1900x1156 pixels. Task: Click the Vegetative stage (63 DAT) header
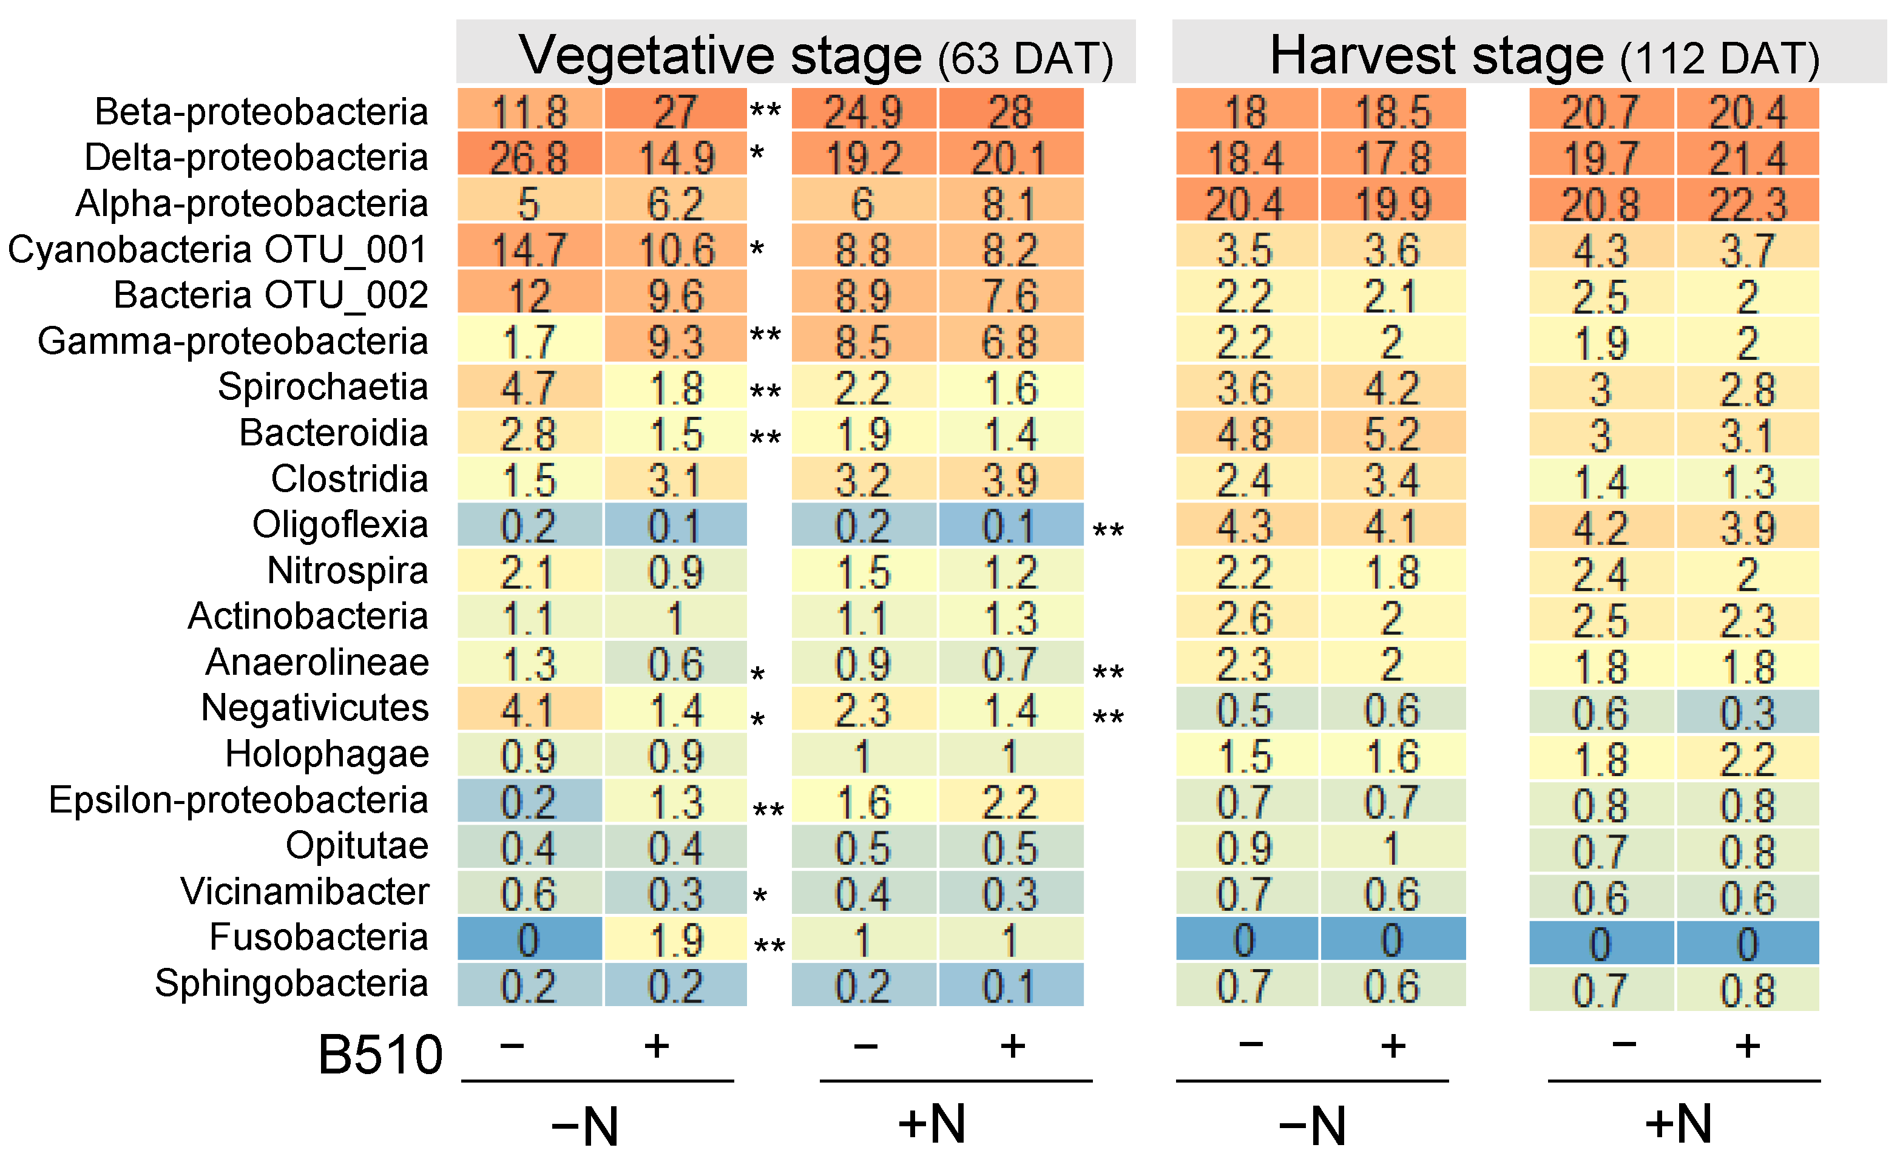click(815, 56)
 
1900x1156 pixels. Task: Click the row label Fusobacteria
click(319, 938)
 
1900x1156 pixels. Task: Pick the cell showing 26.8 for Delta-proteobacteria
click(529, 157)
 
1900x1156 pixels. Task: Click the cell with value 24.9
click(863, 111)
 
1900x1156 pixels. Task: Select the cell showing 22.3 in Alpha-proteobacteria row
click(1747, 204)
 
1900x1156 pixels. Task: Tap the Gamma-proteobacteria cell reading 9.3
click(675, 342)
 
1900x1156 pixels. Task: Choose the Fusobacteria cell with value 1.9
click(675, 939)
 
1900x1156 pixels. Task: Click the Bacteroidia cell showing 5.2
click(1392, 433)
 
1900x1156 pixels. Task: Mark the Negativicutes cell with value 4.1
click(529, 709)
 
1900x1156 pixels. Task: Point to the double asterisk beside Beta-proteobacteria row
click(766, 110)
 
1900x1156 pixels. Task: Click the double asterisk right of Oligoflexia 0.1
click(1108, 530)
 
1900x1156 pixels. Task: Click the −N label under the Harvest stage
click(1313, 1125)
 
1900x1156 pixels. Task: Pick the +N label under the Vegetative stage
click(932, 1124)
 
